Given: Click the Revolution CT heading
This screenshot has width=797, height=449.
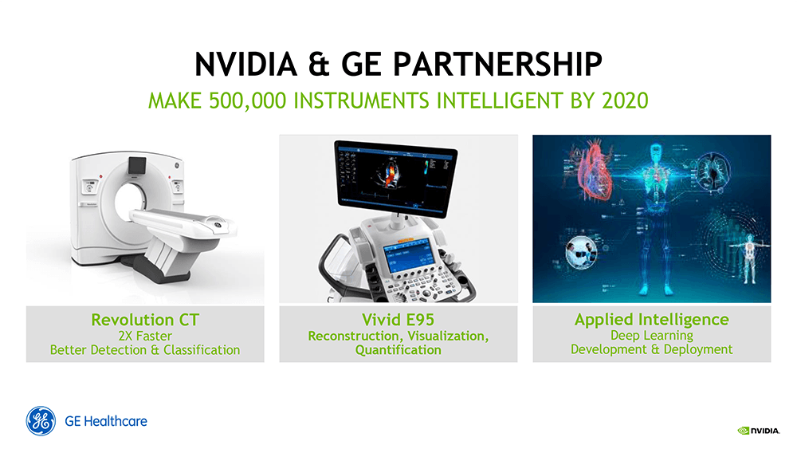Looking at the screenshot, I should coord(145,320).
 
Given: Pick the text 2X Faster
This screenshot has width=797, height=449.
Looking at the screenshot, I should coord(145,336).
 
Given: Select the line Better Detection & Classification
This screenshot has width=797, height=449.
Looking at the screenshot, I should coord(145,349).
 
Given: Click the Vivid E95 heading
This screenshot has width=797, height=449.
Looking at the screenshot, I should coord(398,320).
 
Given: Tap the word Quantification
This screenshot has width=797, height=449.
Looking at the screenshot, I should coord(398,350).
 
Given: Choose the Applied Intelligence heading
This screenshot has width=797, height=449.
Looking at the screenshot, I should coord(651,319).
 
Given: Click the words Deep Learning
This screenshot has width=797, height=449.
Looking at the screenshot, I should coord(651,335).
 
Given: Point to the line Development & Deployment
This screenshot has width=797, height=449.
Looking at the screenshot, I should coord(651,349).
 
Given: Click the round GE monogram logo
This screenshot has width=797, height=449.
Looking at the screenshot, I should coord(41,421).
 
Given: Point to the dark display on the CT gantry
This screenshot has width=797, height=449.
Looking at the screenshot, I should coord(135,165).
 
